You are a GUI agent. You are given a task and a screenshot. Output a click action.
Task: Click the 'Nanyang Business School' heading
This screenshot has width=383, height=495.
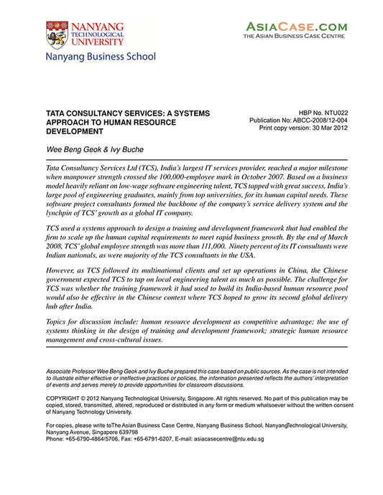[101, 56]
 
